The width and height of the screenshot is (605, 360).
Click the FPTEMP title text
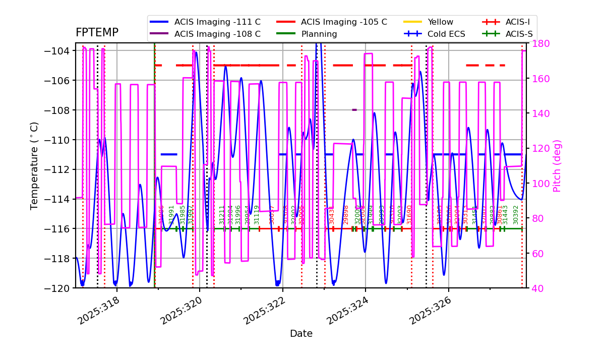click(x=97, y=33)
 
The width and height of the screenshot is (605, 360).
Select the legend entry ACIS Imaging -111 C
click(x=217, y=22)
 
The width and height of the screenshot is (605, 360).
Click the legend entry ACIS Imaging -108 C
click(x=217, y=34)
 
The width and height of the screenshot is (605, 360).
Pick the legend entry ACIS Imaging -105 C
click(x=344, y=22)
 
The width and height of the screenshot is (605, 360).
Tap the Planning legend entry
click(x=319, y=34)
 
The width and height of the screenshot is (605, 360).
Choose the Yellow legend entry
click(x=440, y=22)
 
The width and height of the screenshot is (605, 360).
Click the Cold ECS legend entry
click(x=446, y=34)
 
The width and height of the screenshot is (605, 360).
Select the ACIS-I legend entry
click(x=517, y=22)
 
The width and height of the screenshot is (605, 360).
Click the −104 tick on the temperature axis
click(x=56, y=51)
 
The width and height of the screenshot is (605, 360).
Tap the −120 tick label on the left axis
click(x=56, y=288)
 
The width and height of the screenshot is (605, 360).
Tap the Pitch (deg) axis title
click(x=557, y=166)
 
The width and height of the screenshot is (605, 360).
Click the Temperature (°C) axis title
click(x=34, y=166)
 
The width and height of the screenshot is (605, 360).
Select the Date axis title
click(x=301, y=334)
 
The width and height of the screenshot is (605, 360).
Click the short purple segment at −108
click(x=354, y=110)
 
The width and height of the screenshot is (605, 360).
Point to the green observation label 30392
click(x=516, y=215)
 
